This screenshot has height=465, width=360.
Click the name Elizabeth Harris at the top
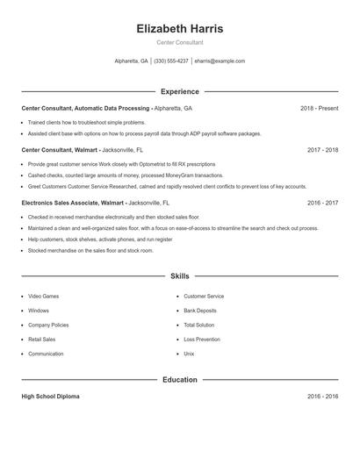tap(180, 29)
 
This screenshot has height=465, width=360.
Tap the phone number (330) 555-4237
tap(172, 61)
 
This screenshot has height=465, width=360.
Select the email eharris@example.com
tap(220, 61)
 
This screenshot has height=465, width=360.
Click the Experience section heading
tap(180, 91)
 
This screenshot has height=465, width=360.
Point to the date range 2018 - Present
tap(319, 108)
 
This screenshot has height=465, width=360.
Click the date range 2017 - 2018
tap(322, 150)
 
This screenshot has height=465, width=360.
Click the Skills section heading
tap(180, 275)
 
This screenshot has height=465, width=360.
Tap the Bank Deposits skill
tap(201, 311)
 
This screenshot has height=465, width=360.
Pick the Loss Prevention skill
tap(202, 339)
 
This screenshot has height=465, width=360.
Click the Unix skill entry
tap(189, 354)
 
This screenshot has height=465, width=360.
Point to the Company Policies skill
tap(48, 325)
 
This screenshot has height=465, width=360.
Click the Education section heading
tap(180, 380)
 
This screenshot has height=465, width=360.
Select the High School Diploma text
tap(50, 397)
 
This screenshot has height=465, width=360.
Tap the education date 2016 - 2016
tap(322, 397)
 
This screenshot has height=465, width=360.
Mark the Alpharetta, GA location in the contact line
tap(132, 61)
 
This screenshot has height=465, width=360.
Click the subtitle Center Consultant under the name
tap(180, 42)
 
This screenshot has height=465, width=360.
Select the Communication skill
tap(46, 354)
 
